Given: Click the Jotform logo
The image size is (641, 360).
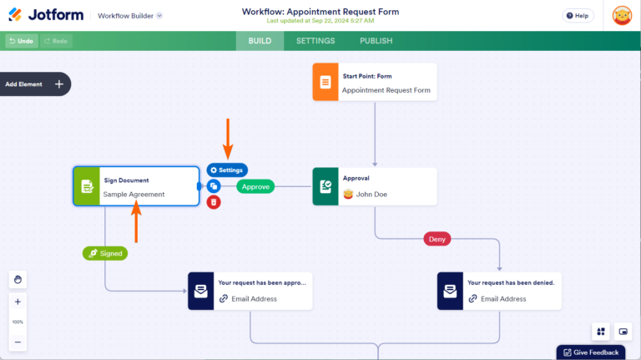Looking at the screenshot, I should (x=44, y=15).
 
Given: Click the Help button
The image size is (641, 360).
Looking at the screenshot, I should (x=578, y=15).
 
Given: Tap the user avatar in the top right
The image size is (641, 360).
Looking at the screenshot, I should (x=622, y=15).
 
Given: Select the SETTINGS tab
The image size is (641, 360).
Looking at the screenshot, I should (x=315, y=41).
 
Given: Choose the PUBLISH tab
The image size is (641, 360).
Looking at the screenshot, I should (x=376, y=41).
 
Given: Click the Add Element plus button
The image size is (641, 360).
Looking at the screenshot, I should (x=59, y=84).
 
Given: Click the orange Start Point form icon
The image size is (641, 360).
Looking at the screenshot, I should (x=326, y=83).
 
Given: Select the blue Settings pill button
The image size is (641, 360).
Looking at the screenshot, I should (x=227, y=170).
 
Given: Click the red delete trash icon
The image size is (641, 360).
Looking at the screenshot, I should (x=214, y=201).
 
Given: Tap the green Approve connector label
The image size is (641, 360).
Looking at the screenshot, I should (x=255, y=186).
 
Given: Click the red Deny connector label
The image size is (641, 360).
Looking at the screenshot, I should (x=437, y=239).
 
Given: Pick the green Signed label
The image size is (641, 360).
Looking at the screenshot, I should (x=105, y=253).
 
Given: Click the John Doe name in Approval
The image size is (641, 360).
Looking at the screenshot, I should (x=371, y=195).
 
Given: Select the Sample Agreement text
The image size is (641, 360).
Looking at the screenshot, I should (x=134, y=195).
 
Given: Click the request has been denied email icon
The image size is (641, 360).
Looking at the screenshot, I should (x=451, y=291).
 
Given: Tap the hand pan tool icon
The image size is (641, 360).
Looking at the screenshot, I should (x=18, y=279).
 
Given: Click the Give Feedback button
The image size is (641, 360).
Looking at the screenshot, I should (x=591, y=352).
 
